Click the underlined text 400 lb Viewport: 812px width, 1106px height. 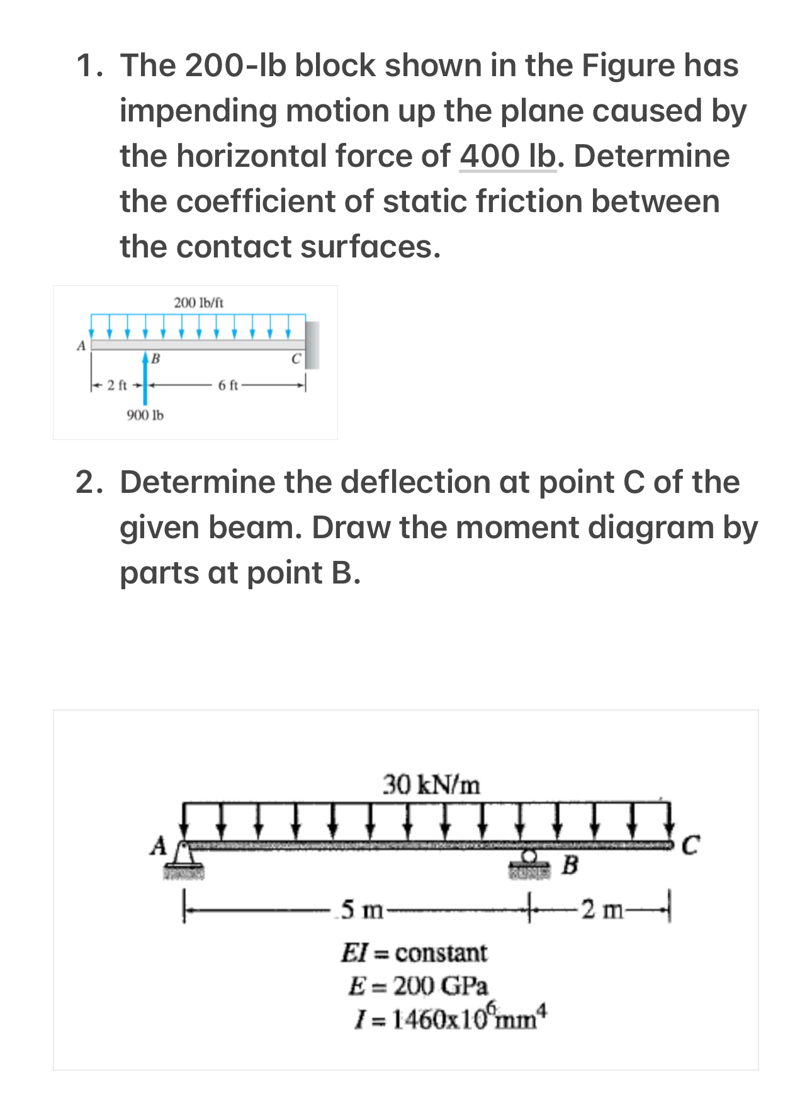[507, 156]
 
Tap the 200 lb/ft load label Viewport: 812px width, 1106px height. [198, 303]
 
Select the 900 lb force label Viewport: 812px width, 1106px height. [145, 415]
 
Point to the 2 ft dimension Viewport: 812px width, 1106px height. [117, 385]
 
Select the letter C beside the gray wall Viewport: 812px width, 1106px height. [296, 359]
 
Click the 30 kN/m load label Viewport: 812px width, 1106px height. [432, 785]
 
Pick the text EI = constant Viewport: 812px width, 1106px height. [414, 952]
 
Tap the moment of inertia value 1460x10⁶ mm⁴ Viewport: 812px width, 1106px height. [451, 1018]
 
